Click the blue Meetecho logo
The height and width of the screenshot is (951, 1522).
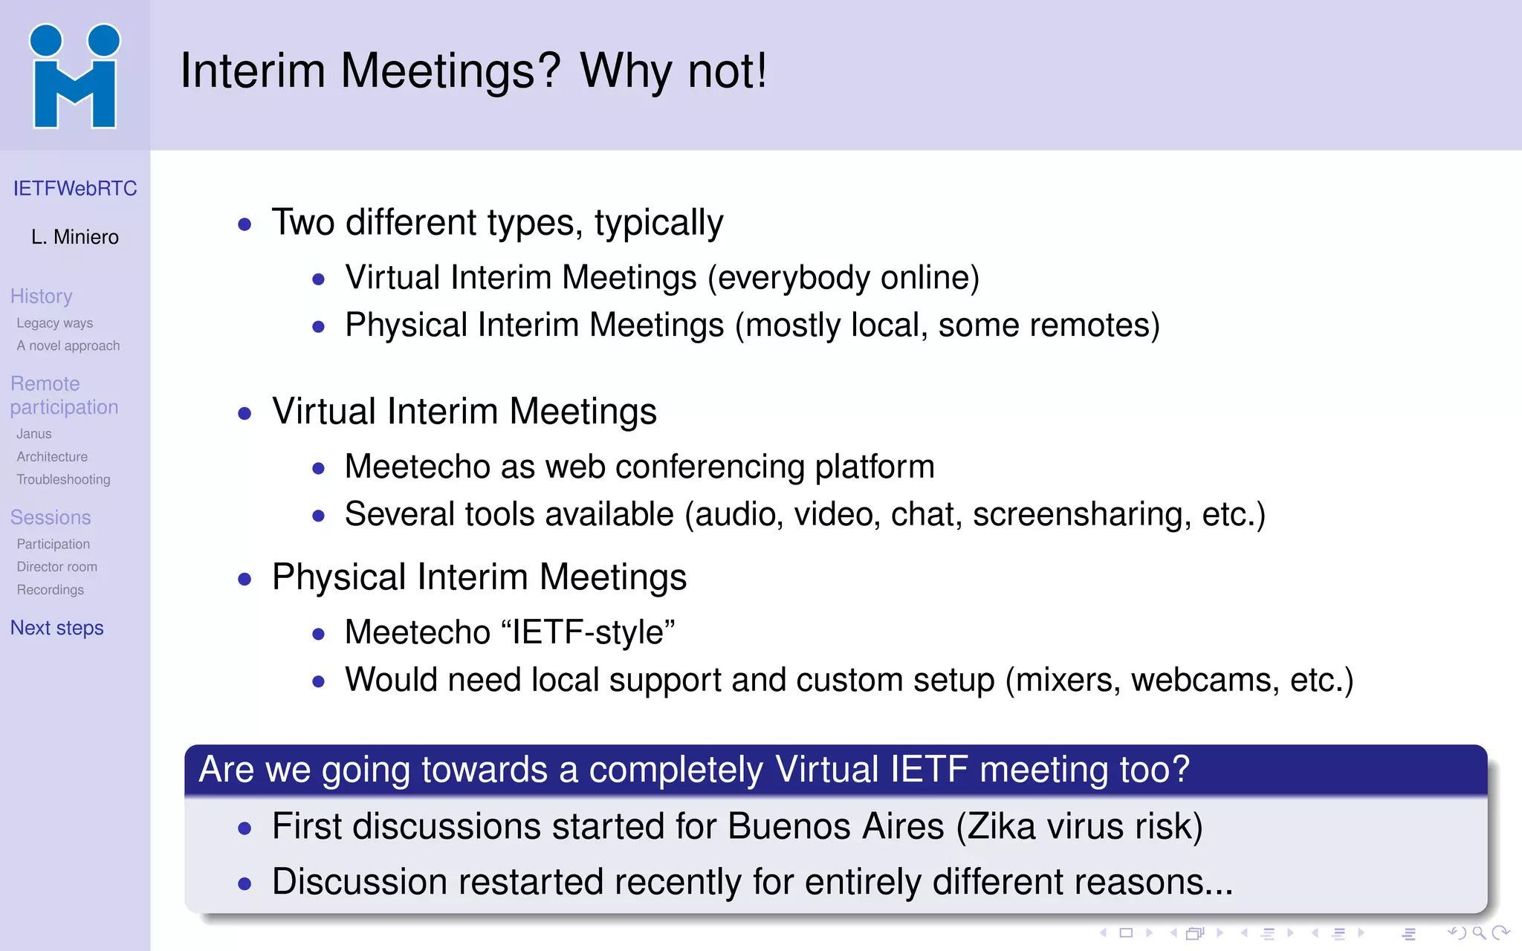(x=74, y=76)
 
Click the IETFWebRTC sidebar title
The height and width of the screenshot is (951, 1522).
(x=75, y=189)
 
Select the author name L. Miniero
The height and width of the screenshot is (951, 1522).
(x=75, y=237)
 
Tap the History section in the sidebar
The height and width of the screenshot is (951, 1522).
(x=42, y=296)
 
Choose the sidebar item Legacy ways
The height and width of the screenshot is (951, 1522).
(x=55, y=323)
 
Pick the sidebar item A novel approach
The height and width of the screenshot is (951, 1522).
(x=68, y=346)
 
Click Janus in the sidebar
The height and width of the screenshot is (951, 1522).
(x=34, y=434)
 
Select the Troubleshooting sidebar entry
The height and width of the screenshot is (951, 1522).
(x=64, y=480)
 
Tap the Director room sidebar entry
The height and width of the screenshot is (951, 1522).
(x=57, y=567)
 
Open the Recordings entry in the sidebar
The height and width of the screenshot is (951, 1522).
(x=51, y=590)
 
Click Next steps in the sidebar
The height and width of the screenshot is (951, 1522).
(x=57, y=629)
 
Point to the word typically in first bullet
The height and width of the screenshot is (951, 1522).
(x=658, y=223)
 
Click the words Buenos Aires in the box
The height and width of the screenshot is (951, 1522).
(x=836, y=827)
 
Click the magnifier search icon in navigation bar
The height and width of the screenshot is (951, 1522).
(x=1479, y=933)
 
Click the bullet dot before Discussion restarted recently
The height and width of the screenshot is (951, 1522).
(x=245, y=884)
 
